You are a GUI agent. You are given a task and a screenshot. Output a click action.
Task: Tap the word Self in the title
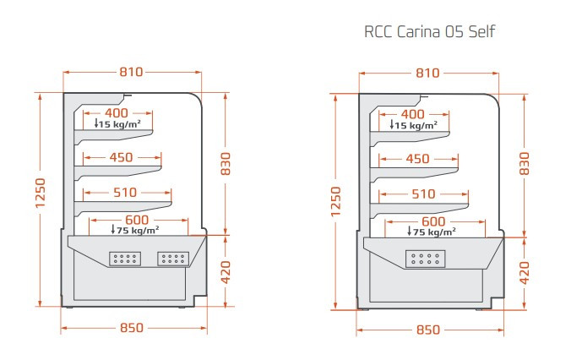(479, 33)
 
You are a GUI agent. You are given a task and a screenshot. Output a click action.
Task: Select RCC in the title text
(378, 33)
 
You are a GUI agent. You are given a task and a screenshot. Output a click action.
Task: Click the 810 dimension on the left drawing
(131, 73)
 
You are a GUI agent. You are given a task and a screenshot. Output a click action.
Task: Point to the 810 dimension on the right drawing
(427, 73)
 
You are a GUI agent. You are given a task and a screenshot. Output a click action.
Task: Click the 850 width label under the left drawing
(132, 328)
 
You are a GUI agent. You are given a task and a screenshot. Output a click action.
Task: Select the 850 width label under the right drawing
(427, 329)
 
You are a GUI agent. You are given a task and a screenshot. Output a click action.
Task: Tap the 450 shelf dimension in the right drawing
(417, 159)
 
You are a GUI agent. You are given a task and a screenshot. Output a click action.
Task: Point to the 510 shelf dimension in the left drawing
(124, 193)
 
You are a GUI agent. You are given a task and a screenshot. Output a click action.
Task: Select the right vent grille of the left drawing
(174, 258)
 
